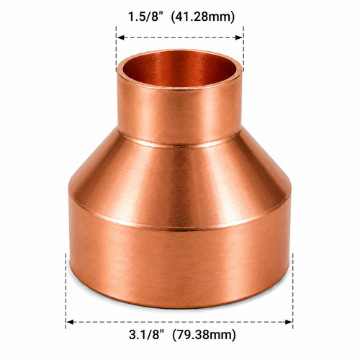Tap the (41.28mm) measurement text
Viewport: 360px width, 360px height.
tap(203, 17)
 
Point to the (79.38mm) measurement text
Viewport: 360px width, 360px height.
tap(204, 335)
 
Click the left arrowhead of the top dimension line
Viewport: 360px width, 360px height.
tap(120, 37)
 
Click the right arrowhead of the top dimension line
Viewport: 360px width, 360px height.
tap(239, 37)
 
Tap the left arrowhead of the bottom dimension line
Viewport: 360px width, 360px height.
tap(70, 322)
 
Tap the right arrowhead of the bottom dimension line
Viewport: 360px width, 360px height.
tap(289, 322)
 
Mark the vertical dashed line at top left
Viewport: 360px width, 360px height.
tap(117, 49)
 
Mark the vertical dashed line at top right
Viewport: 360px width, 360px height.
tap(243, 49)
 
